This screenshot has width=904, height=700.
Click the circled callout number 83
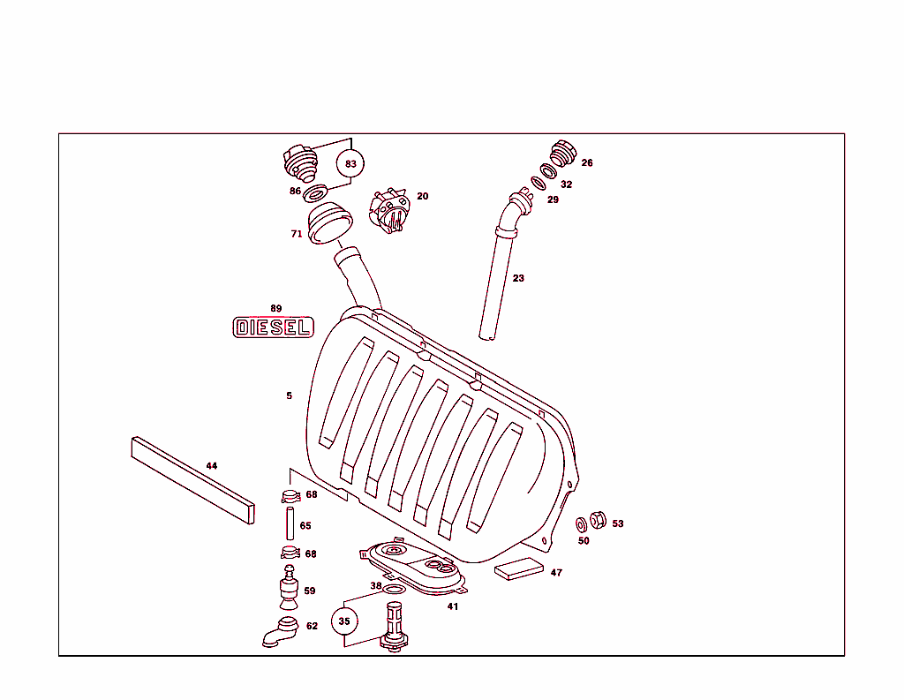(350, 163)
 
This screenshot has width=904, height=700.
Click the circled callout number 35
(344, 621)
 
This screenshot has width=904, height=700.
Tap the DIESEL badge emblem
(273, 327)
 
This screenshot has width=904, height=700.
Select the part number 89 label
(276, 308)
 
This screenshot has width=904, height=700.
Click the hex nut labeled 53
(597, 520)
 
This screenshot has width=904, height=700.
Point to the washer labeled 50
(582, 524)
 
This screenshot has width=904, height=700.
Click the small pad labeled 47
(520, 567)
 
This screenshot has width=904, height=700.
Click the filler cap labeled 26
(562, 154)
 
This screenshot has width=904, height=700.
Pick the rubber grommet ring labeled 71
(328, 222)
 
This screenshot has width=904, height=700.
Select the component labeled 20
(390, 211)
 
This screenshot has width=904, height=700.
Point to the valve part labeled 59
(288, 590)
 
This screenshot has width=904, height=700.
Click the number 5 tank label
(289, 395)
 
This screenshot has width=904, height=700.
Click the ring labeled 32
(547, 170)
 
